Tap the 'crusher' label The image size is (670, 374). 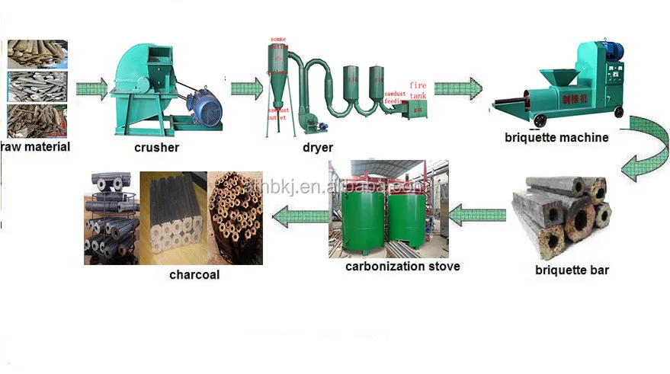click(x=156, y=147)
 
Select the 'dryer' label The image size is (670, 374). click(x=316, y=147)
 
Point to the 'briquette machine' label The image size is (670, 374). click(x=556, y=138)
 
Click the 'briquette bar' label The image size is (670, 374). click(x=572, y=270)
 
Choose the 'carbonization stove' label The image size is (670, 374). click(x=402, y=267)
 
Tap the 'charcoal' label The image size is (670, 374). click(x=194, y=274)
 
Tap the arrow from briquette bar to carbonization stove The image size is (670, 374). click(x=478, y=216)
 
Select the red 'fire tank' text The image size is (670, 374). click(x=418, y=90)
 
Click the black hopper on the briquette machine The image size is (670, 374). click(x=562, y=77)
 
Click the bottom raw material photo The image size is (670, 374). click(x=37, y=121)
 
